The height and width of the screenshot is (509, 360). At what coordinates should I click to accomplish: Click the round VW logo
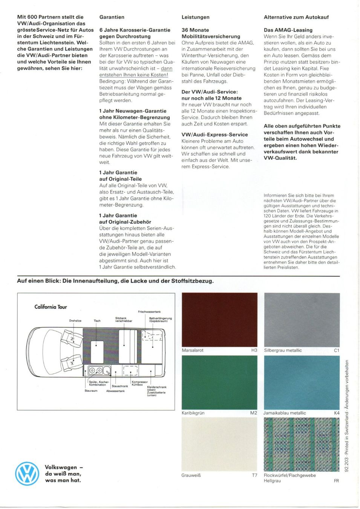point(27,474)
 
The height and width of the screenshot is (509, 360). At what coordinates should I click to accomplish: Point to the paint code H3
point(254,350)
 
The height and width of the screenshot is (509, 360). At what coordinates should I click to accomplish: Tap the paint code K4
point(337,413)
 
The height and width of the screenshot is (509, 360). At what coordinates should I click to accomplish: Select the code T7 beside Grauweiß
point(254,475)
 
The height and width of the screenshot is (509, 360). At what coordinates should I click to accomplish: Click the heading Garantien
point(112,17)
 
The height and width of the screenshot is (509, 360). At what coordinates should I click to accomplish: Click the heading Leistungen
point(195,17)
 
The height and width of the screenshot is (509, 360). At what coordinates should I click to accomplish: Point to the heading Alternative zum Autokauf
point(296,17)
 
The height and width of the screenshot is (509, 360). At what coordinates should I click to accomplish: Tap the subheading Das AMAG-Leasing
point(288,30)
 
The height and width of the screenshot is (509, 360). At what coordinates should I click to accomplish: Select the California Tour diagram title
point(51,307)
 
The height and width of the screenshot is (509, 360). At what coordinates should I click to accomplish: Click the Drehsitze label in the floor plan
point(75,321)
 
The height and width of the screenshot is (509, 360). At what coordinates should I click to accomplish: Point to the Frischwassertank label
point(149,312)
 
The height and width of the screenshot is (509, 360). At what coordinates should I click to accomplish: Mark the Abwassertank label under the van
point(115,391)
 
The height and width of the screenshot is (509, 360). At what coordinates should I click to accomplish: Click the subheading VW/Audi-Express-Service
point(214,135)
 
